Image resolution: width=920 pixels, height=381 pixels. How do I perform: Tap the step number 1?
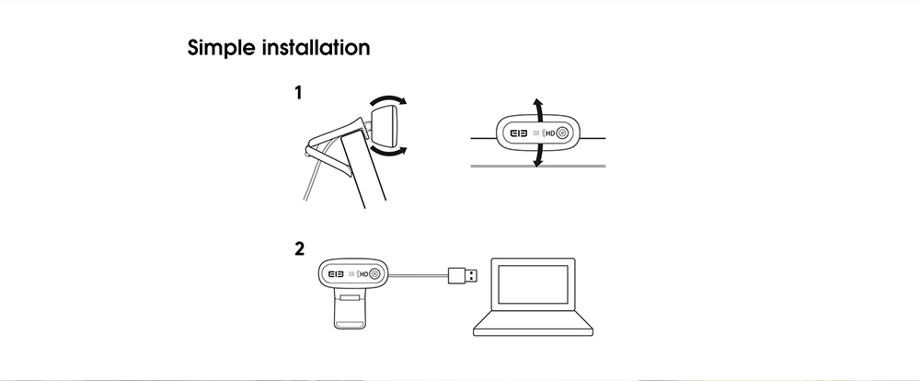click(x=298, y=93)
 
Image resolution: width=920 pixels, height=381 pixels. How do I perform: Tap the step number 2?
click(x=299, y=248)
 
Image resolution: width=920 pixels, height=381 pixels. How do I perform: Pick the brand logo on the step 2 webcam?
click(x=337, y=273)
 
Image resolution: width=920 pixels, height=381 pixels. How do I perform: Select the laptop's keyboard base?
click(x=533, y=329)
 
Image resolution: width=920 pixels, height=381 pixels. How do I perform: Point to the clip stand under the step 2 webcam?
click(x=349, y=314)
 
